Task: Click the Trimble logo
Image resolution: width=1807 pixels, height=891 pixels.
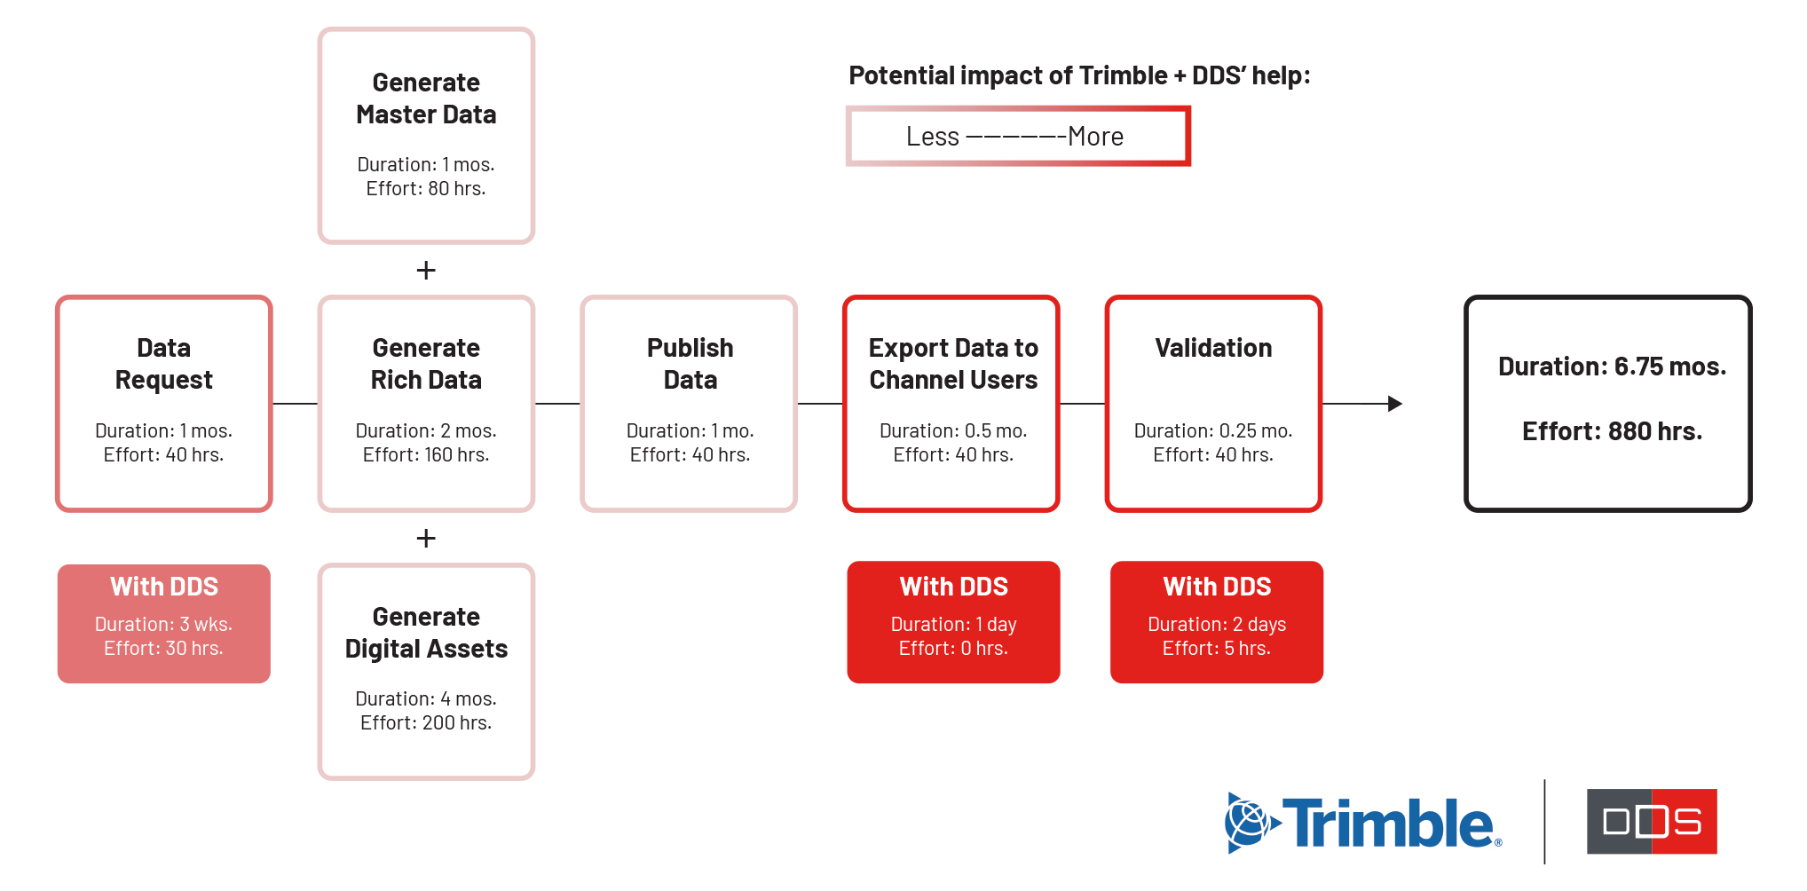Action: pyautogui.click(x=1362, y=823)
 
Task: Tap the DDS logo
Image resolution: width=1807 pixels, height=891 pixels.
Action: pyautogui.click(x=1652, y=821)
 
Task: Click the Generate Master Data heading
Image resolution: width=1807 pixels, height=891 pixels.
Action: pyautogui.click(x=426, y=99)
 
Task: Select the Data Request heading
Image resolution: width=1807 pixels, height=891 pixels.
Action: pyautogui.click(x=164, y=364)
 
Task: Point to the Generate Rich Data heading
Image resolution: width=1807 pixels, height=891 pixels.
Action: pyautogui.click(x=426, y=364)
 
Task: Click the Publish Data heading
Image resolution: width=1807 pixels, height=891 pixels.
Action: pyautogui.click(x=690, y=364)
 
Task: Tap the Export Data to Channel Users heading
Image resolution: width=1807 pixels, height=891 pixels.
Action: pyautogui.click(x=953, y=364)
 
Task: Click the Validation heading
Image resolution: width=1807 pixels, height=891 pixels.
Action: pyautogui.click(x=1213, y=348)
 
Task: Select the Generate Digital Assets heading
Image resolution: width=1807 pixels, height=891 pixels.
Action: pyautogui.click(x=426, y=633)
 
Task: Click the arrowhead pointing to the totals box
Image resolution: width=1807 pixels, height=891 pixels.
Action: pyautogui.click(x=1395, y=404)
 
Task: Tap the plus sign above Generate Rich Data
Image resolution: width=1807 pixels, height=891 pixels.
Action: pyautogui.click(x=426, y=270)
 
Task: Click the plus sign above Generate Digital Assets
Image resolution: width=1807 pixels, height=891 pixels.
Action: pyautogui.click(x=426, y=538)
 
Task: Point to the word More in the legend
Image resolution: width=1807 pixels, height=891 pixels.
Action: pyautogui.click(x=1096, y=137)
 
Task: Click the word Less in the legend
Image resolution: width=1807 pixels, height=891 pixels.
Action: pyautogui.click(x=933, y=137)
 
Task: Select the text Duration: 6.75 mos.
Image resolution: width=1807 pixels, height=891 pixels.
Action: pyautogui.click(x=1612, y=367)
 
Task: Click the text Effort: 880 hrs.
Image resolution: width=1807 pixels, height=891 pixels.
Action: pyautogui.click(x=1612, y=431)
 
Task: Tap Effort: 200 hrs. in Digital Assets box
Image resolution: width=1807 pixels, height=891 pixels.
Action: pyautogui.click(x=426, y=722)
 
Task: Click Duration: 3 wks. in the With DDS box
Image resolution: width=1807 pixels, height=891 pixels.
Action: pyautogui.click(x=163, y=624)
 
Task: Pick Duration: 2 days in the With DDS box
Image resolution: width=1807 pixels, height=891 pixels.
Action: pyautogui.click(x=1217, y=625)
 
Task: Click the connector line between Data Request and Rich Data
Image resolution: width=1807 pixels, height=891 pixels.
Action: pyautogui.click(x=295, y=404)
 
